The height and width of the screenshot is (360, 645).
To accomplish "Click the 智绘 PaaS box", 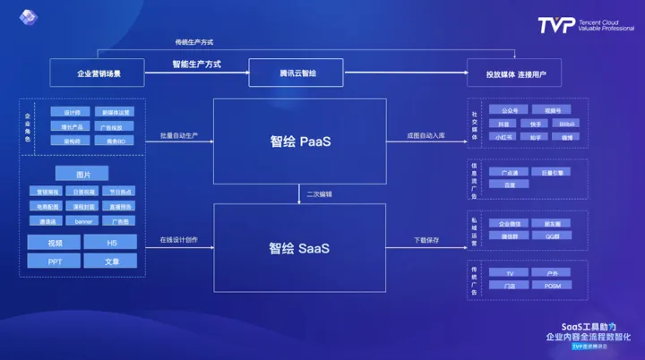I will [300, 141].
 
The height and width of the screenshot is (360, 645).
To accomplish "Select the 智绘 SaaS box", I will [300, 247].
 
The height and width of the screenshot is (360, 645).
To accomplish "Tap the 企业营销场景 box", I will [97, 73].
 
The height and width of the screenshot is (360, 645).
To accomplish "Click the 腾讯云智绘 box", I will [296, 73].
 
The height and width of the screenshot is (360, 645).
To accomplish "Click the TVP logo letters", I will [555, 25].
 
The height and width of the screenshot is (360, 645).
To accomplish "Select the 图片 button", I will [82, 174].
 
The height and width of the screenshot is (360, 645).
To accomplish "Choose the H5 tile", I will [110, 242].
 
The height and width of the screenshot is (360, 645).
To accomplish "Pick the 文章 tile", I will [110, 261].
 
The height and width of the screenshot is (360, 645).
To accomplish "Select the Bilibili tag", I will [565, 124].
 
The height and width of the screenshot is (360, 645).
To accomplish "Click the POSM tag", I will [553, 285].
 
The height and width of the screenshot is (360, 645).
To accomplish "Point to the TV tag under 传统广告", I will [510, 271].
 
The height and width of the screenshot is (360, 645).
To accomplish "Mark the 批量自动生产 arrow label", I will [179, 135].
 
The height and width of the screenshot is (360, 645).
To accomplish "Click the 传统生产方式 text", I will [194, 42].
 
